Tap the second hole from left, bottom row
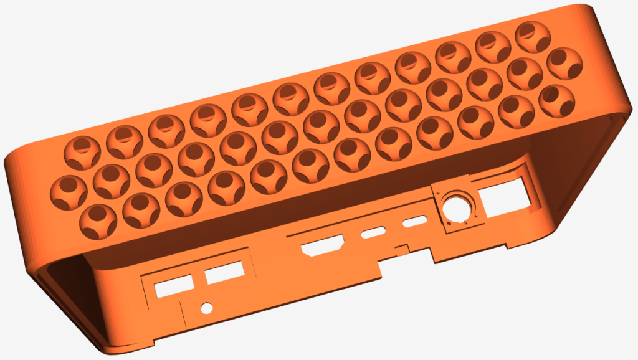[141, 209]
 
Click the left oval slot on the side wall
[373, 234]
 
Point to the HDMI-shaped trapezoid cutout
[323, 247]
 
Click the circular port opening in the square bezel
[456, 207]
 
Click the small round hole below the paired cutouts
[206, 308]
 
